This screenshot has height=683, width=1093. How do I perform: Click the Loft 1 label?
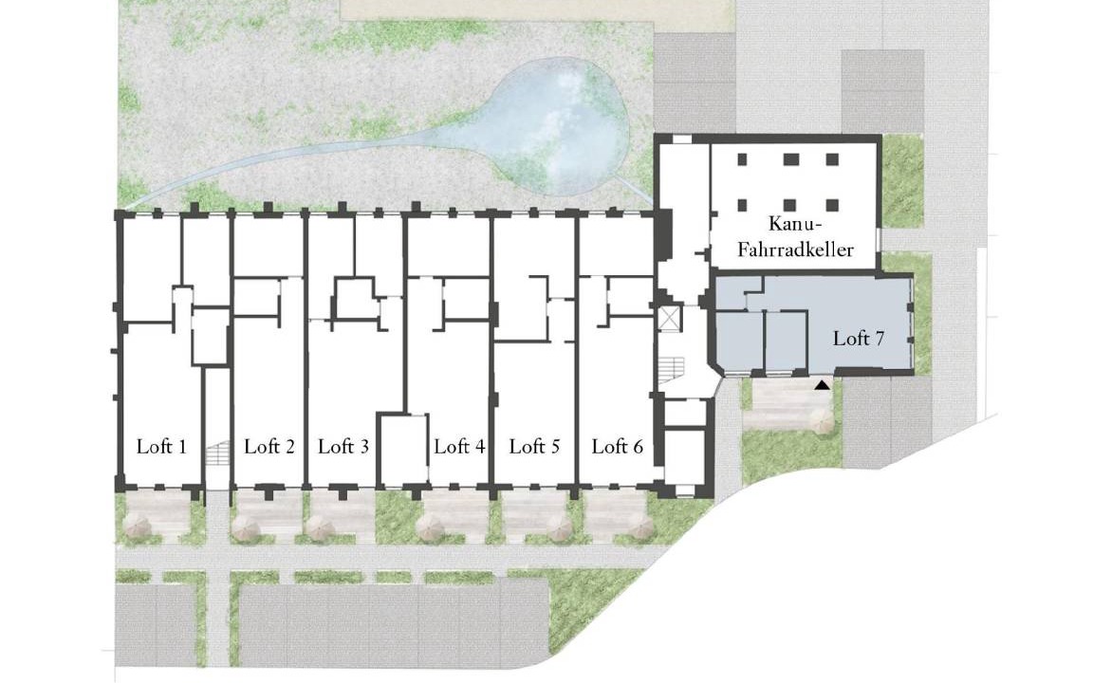pos(161,446)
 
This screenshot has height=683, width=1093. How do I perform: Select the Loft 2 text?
pos(269,446)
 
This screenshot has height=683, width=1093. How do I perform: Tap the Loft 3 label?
pos(343,446)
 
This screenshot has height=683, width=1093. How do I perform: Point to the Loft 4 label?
pos(459,446)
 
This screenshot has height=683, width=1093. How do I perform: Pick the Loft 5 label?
pos(535,446)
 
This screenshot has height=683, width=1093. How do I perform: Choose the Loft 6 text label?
pos(618,446)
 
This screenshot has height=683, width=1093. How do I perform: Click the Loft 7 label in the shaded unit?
pos(859,339)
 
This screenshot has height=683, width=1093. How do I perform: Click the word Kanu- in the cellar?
pos(795,225)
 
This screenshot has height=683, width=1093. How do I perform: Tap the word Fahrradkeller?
pos(795,249)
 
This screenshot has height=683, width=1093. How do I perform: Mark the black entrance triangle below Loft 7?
pos(823,384)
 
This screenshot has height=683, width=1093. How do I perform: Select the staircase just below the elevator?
pos(672,369)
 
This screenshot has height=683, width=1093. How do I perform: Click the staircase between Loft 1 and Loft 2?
pos(217,453)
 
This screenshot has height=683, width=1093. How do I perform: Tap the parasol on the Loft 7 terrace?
pos(822,421)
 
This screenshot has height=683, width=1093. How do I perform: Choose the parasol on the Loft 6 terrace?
pos(638,527)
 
